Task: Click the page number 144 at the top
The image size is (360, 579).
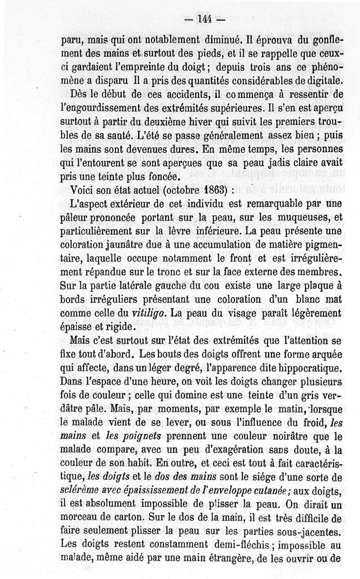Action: (x=202, y=20)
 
